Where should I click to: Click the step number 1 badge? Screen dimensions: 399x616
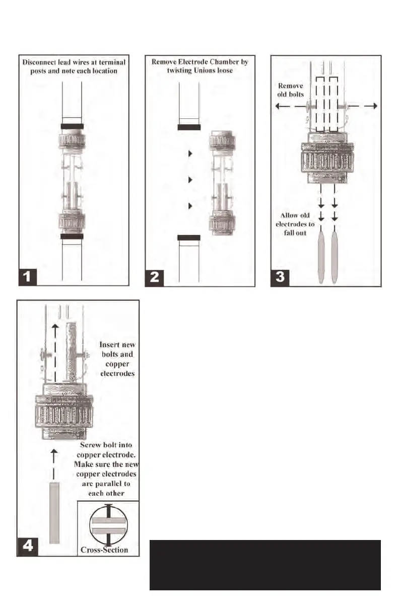(29, 276)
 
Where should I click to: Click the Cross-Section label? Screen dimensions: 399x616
(104, 550)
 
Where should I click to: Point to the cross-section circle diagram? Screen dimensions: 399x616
(108, 525)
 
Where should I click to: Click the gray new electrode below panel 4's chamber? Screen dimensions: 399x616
(54, 512)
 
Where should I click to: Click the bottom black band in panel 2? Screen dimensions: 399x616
(189, 238)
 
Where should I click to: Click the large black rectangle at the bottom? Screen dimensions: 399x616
(264, 564)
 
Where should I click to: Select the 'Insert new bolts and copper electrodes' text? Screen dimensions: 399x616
(117, 359)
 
